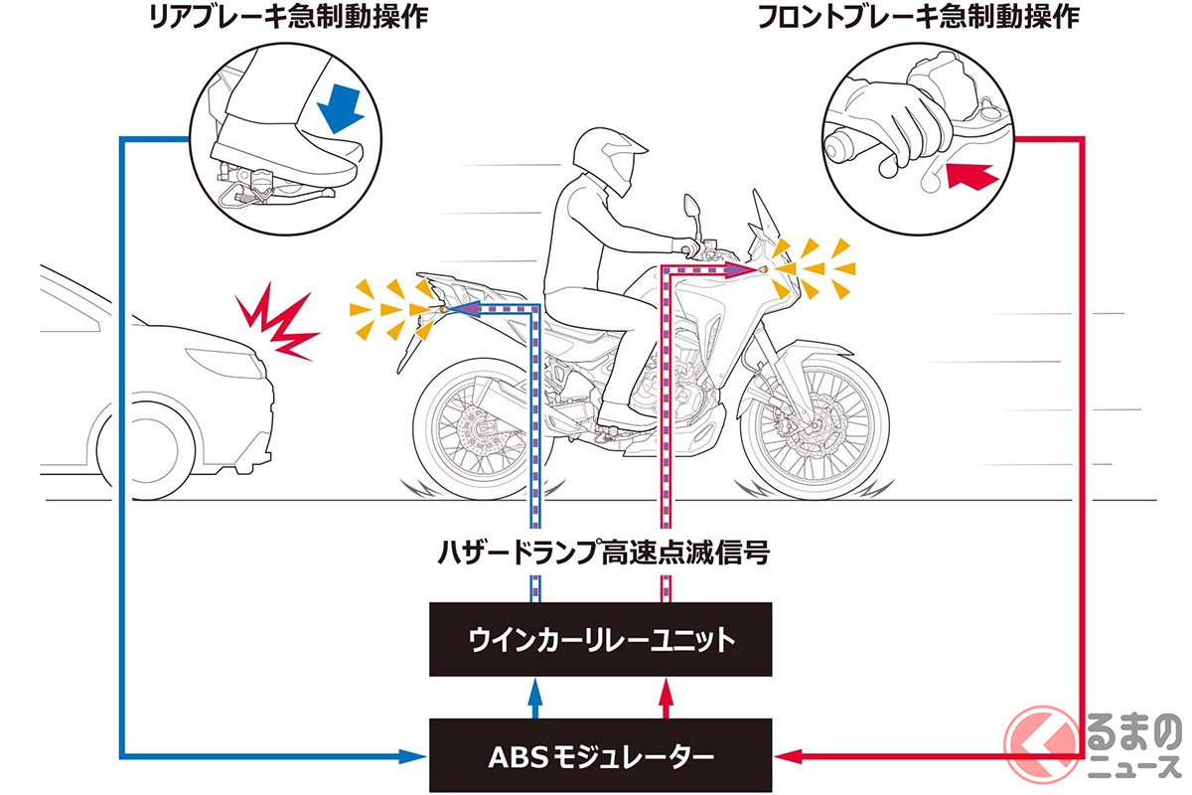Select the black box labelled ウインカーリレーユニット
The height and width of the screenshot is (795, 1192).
click(x=602, y=639)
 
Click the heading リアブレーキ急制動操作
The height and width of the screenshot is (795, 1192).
click(x=271, y=18)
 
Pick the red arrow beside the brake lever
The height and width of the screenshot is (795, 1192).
click(x=970, y=177)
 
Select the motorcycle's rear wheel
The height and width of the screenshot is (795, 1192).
click(x=476, y=421)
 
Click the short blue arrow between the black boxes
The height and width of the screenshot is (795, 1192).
click(x=536, y=698)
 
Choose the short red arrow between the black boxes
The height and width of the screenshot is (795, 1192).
click(x=667, y=698)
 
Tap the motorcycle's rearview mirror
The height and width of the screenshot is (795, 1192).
click(x=687, y=207)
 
